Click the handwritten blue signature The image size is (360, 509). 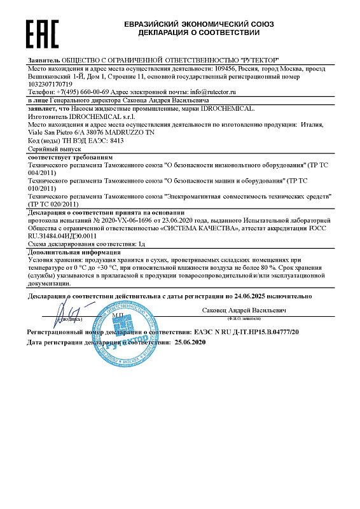(x=67, y=315)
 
